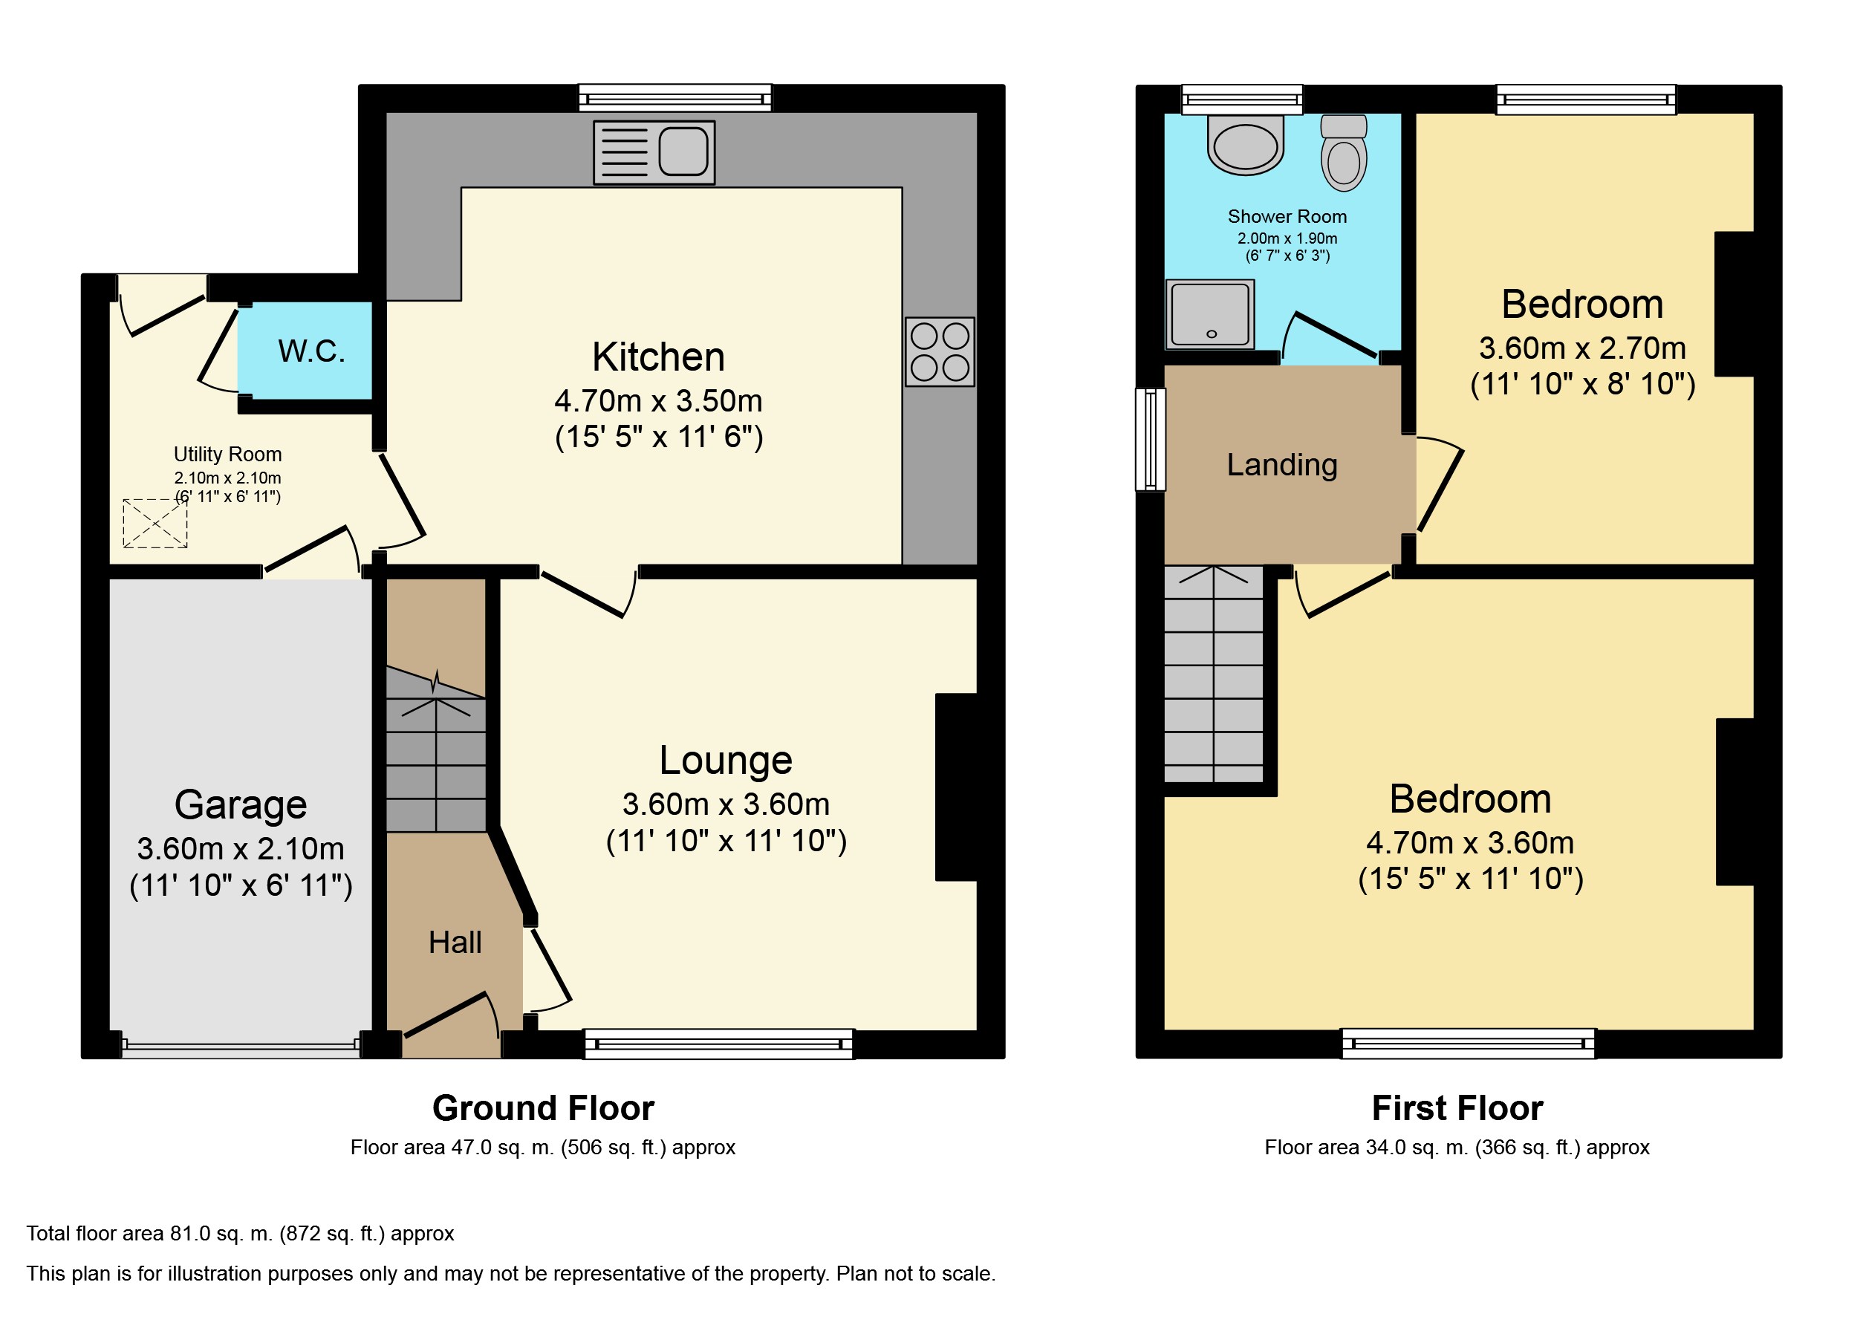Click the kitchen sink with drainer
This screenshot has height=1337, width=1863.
[x=654, y=153]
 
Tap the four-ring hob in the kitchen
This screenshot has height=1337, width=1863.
[x=940, y=351]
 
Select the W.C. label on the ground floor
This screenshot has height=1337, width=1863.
[x=311, y=351]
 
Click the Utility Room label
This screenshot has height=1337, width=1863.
[x=227, y=454]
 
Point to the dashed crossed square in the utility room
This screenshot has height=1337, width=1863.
[x=155, y=523]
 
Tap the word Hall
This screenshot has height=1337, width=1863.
[x=455, y=942]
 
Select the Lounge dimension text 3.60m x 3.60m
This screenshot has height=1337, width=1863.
[x=725, y=804]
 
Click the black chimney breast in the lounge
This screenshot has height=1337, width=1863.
[x=956, y=787]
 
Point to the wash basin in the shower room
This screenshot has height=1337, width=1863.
[x=1245, y=145]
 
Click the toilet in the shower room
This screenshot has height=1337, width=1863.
[x=1344, y=153]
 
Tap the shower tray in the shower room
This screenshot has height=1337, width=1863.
[x=1210, y=314]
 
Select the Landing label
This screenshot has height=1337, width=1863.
[x=1282, y=465]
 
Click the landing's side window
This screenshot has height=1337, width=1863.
[x=1150, y=440]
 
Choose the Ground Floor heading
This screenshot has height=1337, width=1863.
[x=543, y=1108]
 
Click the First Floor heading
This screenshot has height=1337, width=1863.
[x=1457, y=1108]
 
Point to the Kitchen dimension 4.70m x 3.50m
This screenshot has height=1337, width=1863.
[x=659, y=401]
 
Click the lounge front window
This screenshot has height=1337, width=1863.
[x=719, y=1044]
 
